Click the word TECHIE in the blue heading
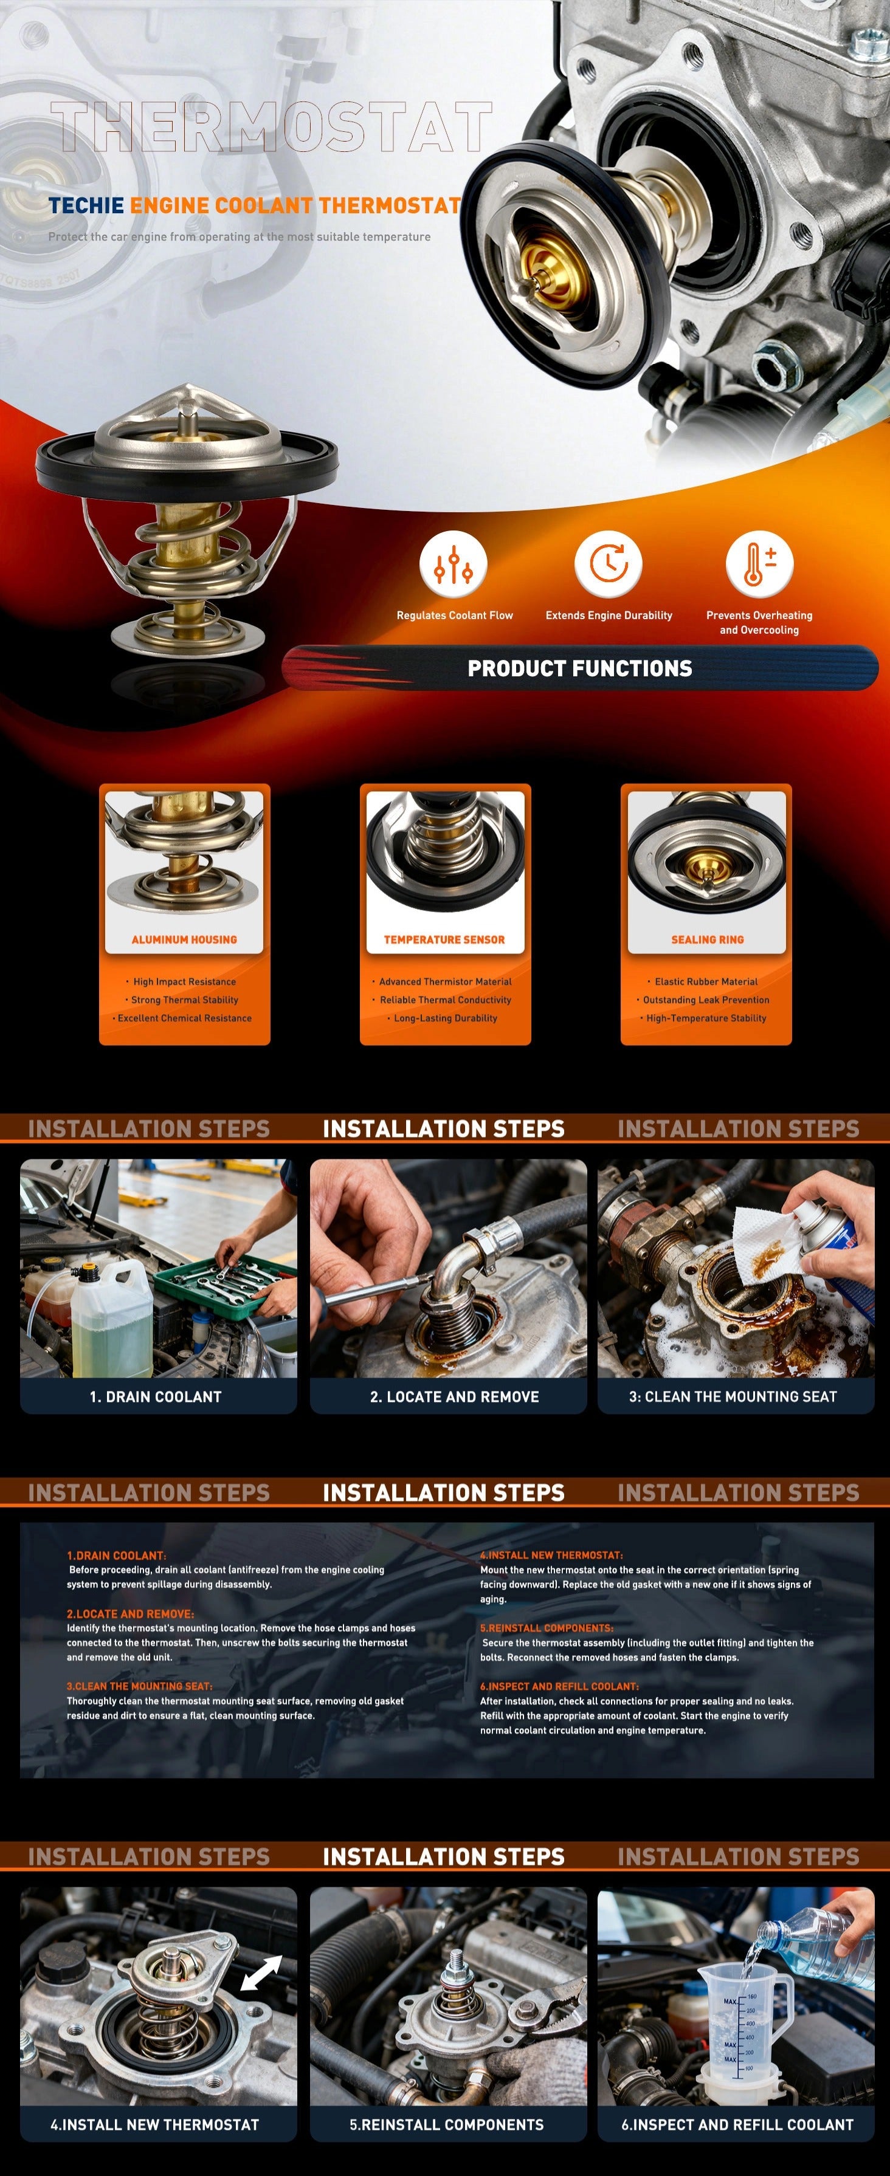click(86, 205)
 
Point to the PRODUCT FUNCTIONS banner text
click(580, 668)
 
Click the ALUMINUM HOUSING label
click(184, 939)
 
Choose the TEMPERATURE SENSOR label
click(444, 939)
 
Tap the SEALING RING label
click(708, 939)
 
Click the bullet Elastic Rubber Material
click(706, 981)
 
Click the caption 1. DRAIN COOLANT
click(156, 1396)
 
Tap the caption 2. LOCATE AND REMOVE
click(455, 1396)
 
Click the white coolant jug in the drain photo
click(112, 1319)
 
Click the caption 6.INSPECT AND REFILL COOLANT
click(737, 2124)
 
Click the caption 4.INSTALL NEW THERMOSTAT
click(154, 2124)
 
